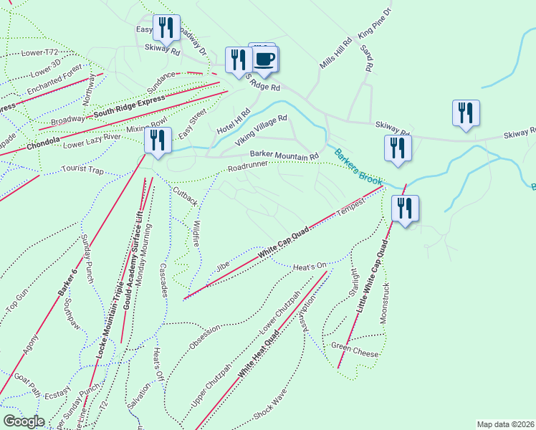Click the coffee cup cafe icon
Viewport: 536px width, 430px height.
(x=264, y=59)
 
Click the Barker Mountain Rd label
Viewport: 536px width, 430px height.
(x=284, y=156)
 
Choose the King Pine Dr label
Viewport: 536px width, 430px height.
(x=377, y=24)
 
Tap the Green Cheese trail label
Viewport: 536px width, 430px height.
(x=354, y=349)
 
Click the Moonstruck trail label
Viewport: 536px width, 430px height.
(x=386, y=300)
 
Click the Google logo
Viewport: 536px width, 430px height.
(x=24, y=421)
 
